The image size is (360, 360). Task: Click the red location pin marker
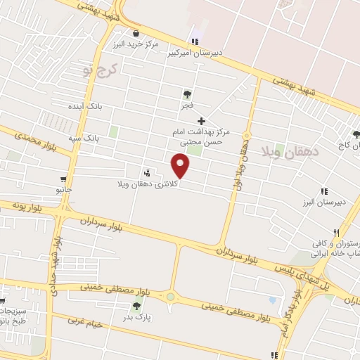[x=181, y=167]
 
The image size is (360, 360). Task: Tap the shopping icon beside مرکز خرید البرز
[x=136, y=32]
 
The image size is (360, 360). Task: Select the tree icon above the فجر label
[x=187, y=94]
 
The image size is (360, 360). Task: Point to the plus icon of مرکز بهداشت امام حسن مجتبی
[x=202, y=121]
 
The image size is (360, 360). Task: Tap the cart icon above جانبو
[x=65, y=179]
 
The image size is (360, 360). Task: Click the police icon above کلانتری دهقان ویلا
[x=147, y=173]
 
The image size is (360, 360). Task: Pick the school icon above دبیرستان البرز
[x=324, y=191]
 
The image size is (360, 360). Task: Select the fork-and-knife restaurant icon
[x=337, y=233]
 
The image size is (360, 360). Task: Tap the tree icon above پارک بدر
[x=136, y=306]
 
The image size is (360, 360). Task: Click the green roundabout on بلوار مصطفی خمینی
[x=170, y=297]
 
